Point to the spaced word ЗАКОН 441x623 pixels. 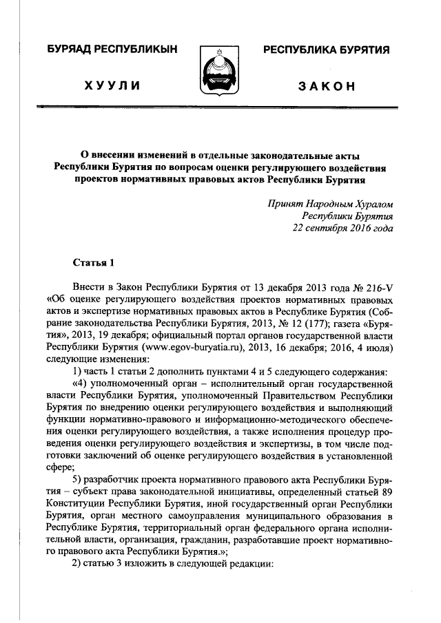tap(327, 85)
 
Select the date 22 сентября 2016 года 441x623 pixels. tap(342, 229)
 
